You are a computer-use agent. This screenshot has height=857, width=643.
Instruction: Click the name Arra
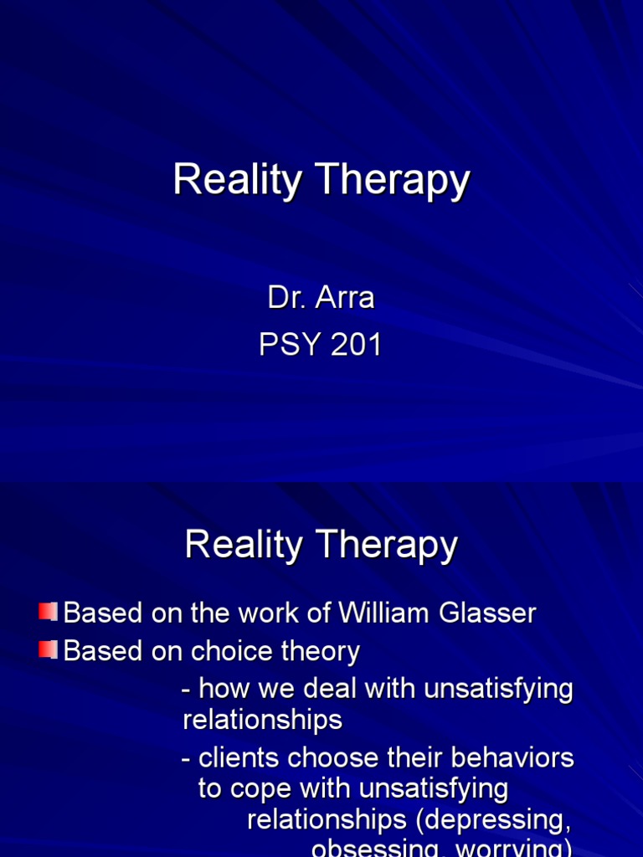tap(345, 299)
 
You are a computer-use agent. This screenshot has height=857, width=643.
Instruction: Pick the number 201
tap(357, 344)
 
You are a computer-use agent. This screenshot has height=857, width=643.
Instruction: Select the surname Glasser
tap(495, 613)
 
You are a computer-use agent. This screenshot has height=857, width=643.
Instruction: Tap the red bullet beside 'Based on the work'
tap(47, 612)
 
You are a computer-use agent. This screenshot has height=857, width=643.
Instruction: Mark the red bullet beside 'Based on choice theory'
tap(47, 650)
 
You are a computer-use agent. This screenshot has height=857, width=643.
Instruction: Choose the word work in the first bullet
tap(244, 613)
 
